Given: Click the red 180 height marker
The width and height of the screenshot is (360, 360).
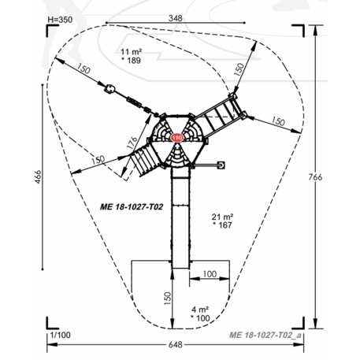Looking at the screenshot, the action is (176, 138).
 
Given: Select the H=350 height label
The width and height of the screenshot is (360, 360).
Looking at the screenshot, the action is (60, 20).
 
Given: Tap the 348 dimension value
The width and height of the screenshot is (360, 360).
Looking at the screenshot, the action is (175, 18).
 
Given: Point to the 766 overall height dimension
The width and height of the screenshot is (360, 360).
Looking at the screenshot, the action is (315, 177).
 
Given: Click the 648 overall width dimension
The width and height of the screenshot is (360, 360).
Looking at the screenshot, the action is (175, 344).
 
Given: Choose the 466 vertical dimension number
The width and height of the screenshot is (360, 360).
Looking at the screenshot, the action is (38, 176).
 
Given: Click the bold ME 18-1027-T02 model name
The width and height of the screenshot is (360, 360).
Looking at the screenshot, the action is (132, 207).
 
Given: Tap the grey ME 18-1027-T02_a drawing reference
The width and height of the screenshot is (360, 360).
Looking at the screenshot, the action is (265, 335).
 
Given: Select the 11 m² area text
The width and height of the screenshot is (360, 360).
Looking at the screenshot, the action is (132, 51).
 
